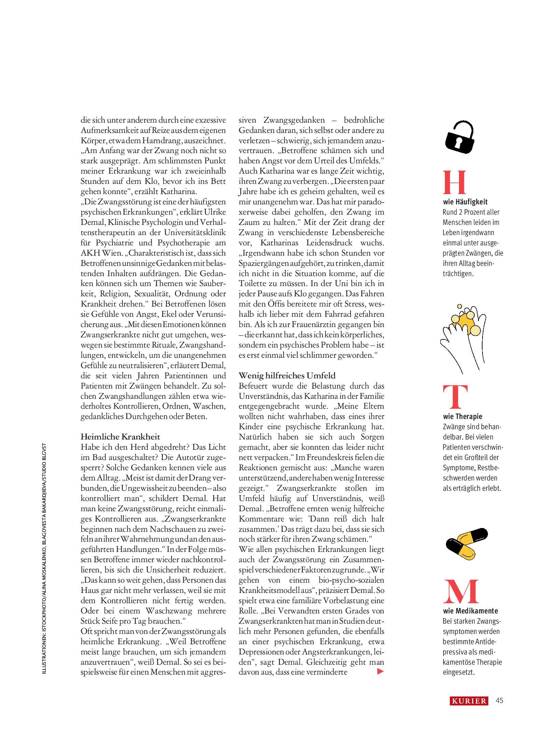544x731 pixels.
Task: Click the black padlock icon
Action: coord(460,137)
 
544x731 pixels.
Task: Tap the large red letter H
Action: coord(454,182)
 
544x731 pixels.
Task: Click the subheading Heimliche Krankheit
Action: coord(120,436)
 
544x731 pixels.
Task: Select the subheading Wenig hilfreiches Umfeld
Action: coord(287,376)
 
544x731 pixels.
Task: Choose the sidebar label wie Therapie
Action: coord(462,416)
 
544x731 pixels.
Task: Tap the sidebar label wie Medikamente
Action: coord(470,611)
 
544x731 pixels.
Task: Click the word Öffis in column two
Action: coord(276,304)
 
